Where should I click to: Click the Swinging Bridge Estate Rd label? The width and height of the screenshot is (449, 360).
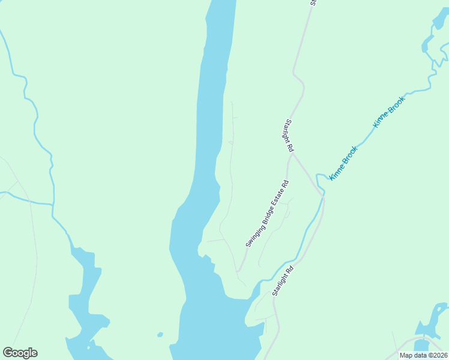coord(267,214)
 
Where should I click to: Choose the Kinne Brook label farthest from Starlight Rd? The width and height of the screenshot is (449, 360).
coord(389,112)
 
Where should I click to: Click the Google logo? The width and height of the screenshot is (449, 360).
coord(20,353)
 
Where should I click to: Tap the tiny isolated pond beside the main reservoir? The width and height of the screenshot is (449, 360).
coord(160,334)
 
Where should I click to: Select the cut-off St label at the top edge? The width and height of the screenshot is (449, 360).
coord(313,2)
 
